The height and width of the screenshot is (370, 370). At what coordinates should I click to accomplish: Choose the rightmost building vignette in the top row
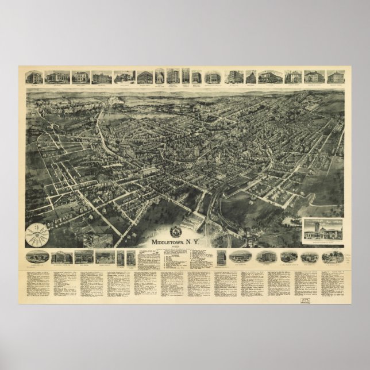(335, 77)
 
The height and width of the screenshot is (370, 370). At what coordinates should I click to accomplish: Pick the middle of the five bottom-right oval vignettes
(267, 256)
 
